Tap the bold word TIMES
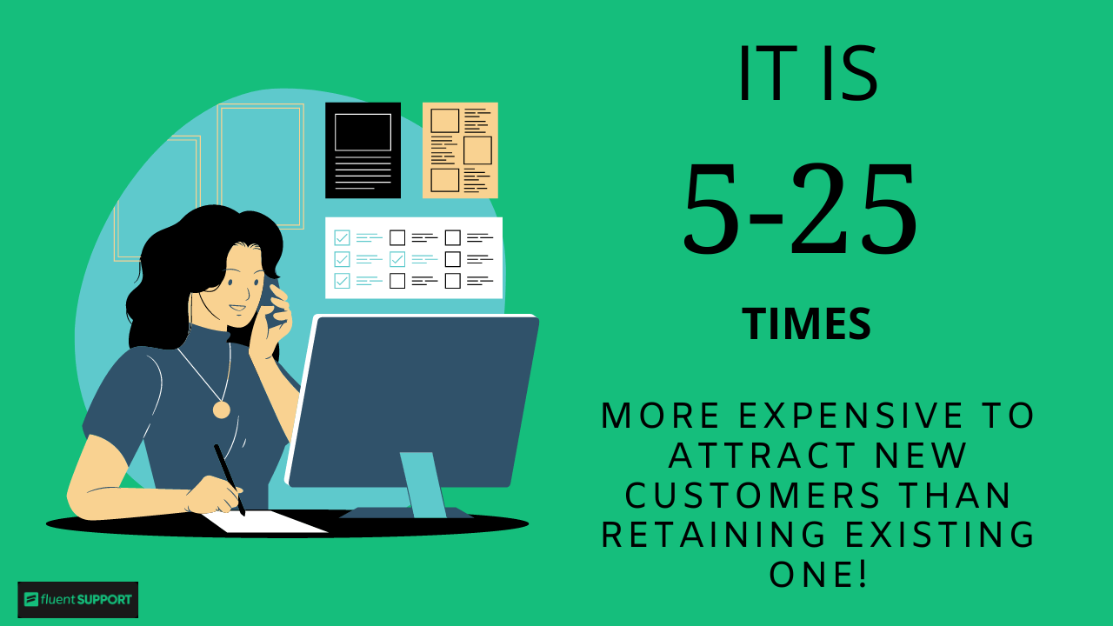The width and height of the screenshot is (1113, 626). [x=806, y=324]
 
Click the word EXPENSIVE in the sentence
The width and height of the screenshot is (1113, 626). [x=851, y=416]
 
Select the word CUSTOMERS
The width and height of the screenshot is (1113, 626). [x=753, y=496]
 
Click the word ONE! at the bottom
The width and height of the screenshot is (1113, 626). [x=818, y=574]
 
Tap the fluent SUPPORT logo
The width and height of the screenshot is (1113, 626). [x=78, y=599]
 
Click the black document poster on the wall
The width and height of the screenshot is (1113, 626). [x=363, y=150]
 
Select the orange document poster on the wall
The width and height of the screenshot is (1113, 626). [x=460, y=150]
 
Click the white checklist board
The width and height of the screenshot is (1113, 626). [x=414, y=258]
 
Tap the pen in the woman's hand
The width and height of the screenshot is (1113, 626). [x=230, y=478]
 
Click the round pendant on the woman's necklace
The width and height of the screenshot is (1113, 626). [x=222, y=410]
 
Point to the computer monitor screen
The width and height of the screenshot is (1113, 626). [x=413, y=400]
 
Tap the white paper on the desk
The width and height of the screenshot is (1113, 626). [x=265, y=522]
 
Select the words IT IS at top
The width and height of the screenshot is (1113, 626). [x=807, y=74]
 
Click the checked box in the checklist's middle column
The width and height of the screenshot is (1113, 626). [x=397, y=259]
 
